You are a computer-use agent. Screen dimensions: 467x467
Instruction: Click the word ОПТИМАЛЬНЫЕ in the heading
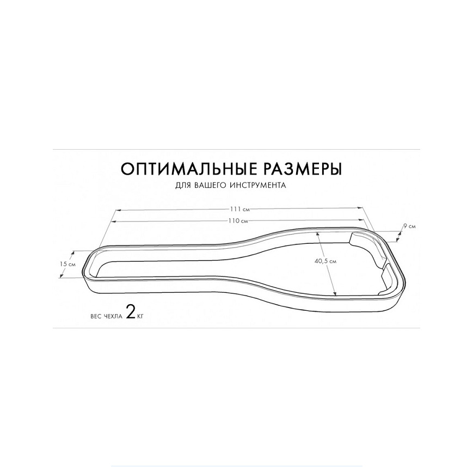point(188,169)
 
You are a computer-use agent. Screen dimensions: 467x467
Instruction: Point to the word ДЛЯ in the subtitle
point(183,186)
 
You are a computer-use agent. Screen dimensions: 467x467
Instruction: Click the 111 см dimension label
point(239,209)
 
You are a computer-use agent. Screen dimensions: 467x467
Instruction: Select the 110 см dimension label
point(238,221)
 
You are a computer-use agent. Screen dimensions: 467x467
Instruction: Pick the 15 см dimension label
point(67,264)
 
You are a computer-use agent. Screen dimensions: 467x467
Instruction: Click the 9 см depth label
point(409,226)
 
